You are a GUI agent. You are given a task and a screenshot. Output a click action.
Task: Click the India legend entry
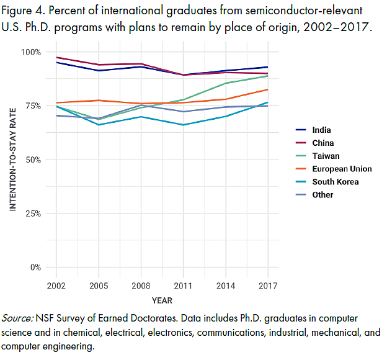pos(322,130)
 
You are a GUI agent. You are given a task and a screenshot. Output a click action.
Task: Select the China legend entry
pos(323,143)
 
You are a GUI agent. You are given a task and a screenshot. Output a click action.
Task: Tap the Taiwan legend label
pos(326,156)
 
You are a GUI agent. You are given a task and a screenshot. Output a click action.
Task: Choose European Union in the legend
pos(342,169)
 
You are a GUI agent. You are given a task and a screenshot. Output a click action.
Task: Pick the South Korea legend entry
pos(336,182)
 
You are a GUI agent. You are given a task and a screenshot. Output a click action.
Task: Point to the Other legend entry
pos(323,195)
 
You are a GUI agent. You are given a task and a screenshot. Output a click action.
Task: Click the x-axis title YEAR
pos(162,301)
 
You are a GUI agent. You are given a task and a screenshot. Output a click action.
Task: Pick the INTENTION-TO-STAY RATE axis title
pos(13,158)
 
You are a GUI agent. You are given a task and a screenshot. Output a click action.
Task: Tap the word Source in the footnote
pos(18,318)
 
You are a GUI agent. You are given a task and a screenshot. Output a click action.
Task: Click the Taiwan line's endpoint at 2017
pos(268,76)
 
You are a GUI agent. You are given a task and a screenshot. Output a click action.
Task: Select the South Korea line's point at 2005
pos(99,125)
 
